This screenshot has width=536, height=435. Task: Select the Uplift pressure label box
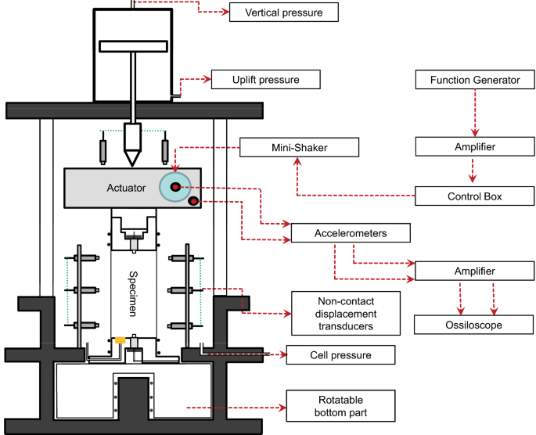[x=265, y=79]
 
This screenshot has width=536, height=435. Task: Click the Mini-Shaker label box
[x=300, y=146]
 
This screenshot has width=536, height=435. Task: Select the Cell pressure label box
[x=340, y=355]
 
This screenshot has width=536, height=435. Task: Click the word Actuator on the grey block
[x=125, y=189]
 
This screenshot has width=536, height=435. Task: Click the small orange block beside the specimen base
[x=121, y=340]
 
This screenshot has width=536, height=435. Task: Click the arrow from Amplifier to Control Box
[x=473, y=171]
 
